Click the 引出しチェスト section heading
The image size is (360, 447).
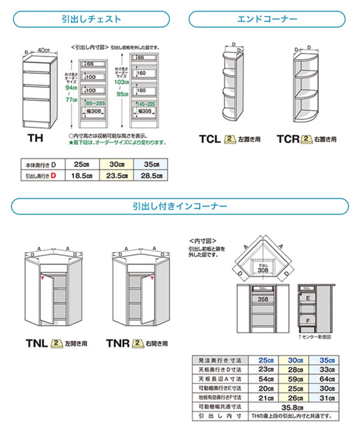(91, 19)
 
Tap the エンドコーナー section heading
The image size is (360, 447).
(267, 19)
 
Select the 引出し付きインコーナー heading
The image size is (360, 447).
(180, 206)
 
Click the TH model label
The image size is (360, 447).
(35, 138)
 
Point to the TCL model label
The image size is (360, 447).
(210, 139)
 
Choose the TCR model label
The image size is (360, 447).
(288, 139)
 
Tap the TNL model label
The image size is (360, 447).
(37, 343)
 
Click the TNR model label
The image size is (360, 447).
(118, 343)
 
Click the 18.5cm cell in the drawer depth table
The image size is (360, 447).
(82, 176)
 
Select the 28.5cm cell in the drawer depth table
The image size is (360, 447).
(151, 176)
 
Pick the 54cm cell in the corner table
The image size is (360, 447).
(266, 379)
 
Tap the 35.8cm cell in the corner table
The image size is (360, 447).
(292, 407)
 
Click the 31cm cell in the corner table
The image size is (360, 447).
(327, 398)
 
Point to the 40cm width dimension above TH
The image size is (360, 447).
(44, 50)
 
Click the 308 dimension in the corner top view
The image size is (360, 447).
(263, 270)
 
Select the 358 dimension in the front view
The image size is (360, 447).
(263, 299)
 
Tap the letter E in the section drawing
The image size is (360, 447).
(308, 298)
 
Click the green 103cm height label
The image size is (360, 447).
(121, 82)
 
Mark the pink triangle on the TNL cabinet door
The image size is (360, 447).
(42, 278)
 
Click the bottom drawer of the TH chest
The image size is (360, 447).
(36, 110)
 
